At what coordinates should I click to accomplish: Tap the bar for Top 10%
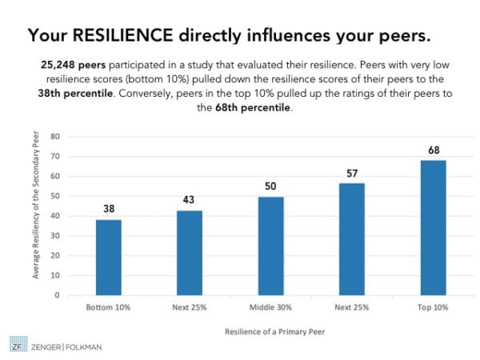pyautogui.click(x=433, y=228)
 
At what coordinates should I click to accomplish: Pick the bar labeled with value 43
pyautogui.click(x=190, y=253)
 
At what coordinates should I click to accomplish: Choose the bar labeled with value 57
pyautogui.click(x=351, y=239)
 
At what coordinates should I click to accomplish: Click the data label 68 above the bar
pyautogui.click(x=433, y=150)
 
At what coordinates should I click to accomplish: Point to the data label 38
pyautogui.click(x=109, y=210)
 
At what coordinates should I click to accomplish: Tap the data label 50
pyautogui.click(x=270, y=186)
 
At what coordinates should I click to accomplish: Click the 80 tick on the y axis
pyautogui.click(x=56, y=137)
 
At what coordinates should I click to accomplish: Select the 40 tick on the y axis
pyautogui.click(x=56, y=216)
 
